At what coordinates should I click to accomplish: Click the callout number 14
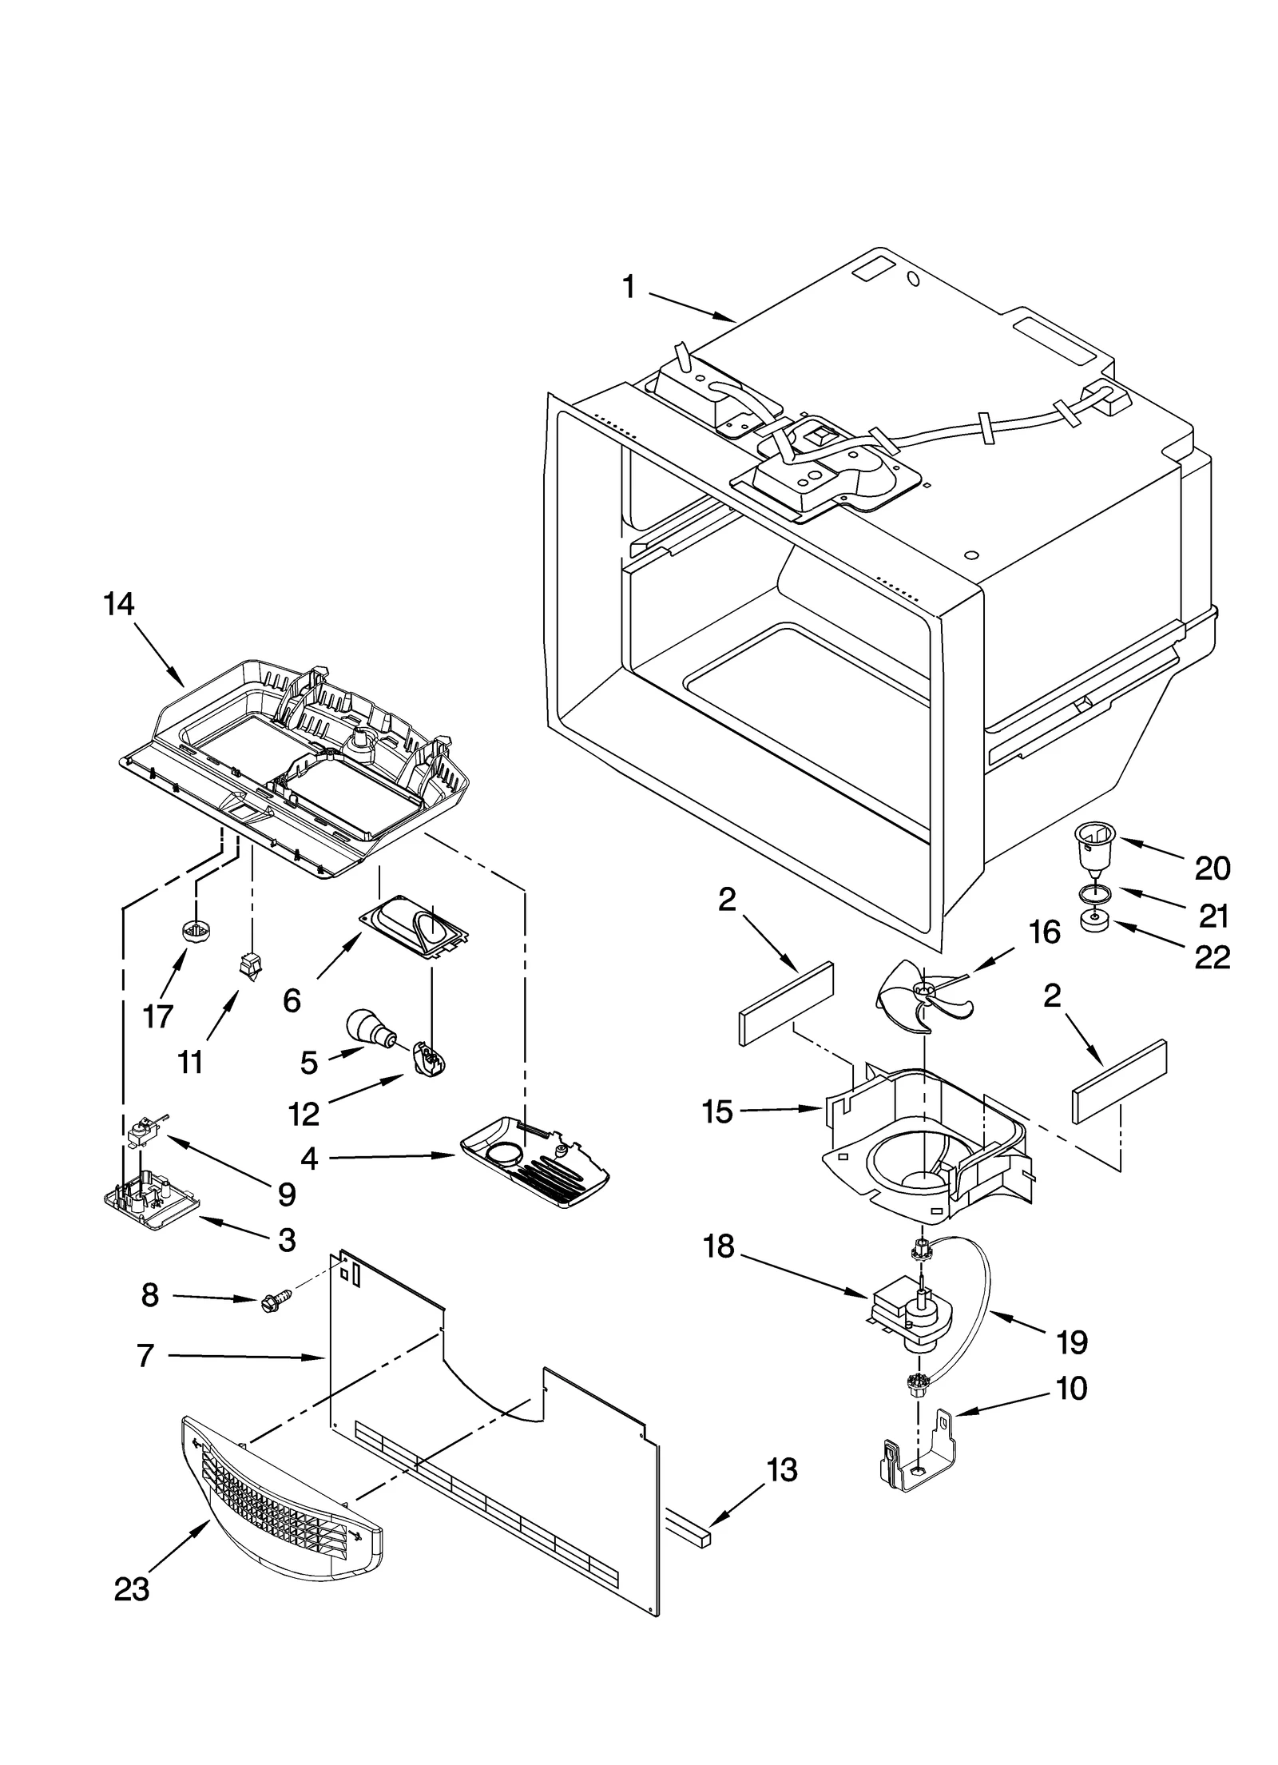point(118,604)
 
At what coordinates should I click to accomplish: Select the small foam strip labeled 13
point(688,1532)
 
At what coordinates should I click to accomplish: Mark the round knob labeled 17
point(191,931)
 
